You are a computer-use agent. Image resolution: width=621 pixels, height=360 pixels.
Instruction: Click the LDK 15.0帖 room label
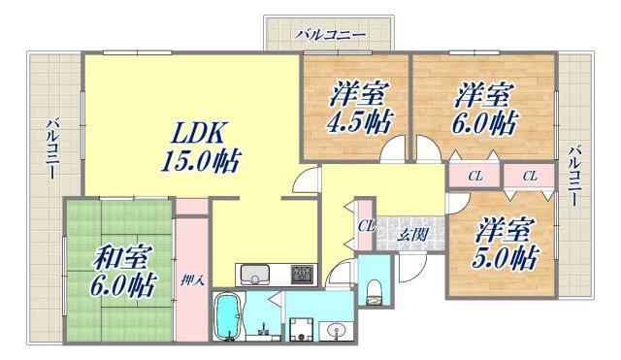click(x=201, y=147)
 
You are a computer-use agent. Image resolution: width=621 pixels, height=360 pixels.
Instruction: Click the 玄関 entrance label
click(x=412, y=235)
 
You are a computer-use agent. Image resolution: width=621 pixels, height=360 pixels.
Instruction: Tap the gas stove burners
click(x=302, y=274)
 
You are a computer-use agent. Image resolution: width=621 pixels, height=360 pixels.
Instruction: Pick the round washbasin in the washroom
click(x=336, y=330)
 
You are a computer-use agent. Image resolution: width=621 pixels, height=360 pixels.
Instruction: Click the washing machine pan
click(x=302, y=330)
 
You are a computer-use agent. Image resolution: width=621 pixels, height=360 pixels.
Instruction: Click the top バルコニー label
click(x=330, y=35)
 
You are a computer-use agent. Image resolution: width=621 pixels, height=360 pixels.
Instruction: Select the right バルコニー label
click(x=575, y=176)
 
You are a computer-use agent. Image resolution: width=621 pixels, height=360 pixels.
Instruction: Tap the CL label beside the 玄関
click(x=366, y=226)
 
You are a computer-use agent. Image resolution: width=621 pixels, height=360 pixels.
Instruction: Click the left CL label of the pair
click(x=475, y=177)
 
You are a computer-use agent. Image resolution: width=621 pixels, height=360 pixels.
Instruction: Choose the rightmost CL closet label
click(x=530, y=177)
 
